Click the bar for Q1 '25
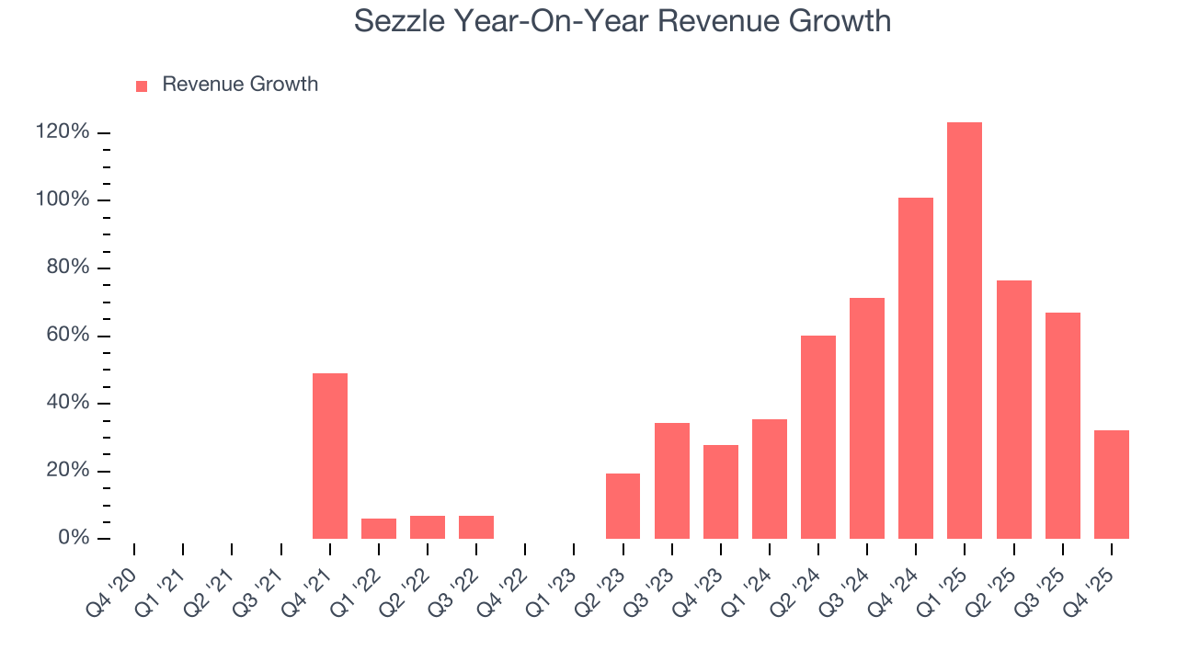pos(965,331)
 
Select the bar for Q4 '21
pos(330,456)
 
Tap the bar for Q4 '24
pos(916,368)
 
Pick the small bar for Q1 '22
pos(379,529)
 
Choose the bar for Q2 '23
pos(623,506)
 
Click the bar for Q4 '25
pos(1111,485)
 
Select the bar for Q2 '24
pos(818,437)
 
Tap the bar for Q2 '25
pos(1013,409)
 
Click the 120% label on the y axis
pos(63,132)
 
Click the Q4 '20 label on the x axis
pos(109,584)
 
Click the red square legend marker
pos(142,86)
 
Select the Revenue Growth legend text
pos(240,85)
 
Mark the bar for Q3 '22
pos(476,527)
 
